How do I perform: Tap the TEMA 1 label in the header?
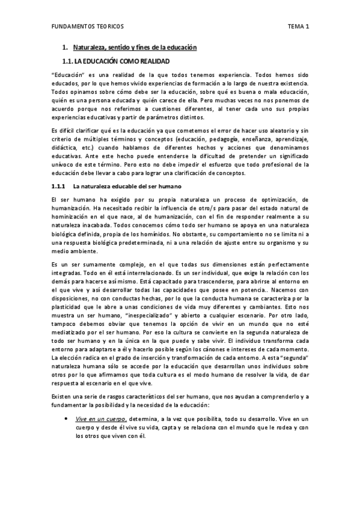point(298,26)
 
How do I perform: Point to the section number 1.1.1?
point(58,186)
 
